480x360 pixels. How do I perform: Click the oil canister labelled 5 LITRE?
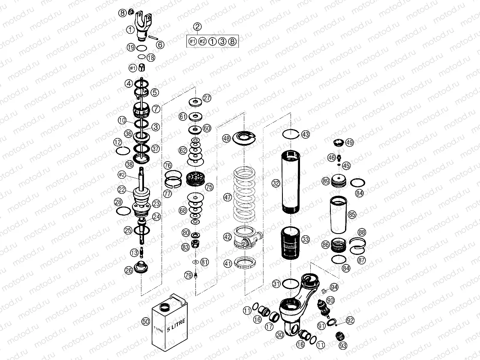[169, 324]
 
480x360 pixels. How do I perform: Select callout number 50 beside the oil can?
[145, 321]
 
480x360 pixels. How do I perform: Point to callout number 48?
[226, 138]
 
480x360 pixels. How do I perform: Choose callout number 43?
[305, 134]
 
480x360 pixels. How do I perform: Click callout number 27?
[207, 98]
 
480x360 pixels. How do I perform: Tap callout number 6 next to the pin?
[160, 44]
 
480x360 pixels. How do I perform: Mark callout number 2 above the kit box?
[197, 27]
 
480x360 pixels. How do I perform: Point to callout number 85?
[352, 214]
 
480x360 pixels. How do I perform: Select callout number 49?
[349, 142]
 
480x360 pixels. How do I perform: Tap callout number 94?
[334, 287]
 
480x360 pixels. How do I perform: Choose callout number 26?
[129, 270]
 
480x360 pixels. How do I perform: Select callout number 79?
[188, 275]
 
